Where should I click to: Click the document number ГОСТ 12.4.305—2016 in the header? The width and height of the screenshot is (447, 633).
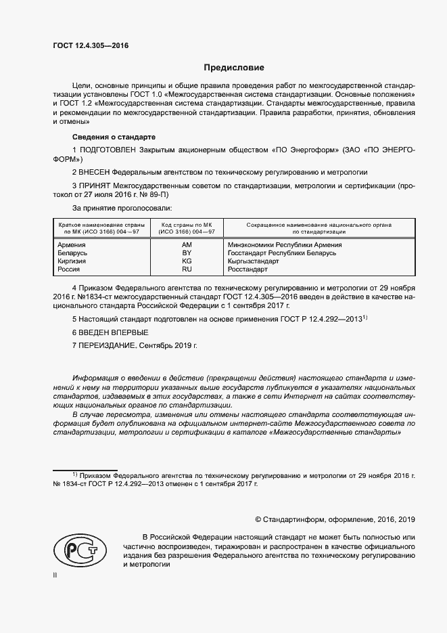point(90,45)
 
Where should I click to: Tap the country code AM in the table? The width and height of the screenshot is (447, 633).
point(187,244)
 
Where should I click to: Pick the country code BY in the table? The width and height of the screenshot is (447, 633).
point(187,253)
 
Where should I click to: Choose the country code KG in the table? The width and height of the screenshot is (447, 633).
point(187,261)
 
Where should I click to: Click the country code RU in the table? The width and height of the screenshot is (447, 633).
point(187,269)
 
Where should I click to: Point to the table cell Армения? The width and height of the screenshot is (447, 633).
point(72,244)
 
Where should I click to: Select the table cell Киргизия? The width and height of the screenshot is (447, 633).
point(73,261)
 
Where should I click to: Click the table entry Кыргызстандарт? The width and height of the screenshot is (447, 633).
point(254,261)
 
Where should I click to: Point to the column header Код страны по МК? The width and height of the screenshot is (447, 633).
point(187,224)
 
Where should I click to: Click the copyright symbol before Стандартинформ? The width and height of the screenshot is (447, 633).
point(258,519)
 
